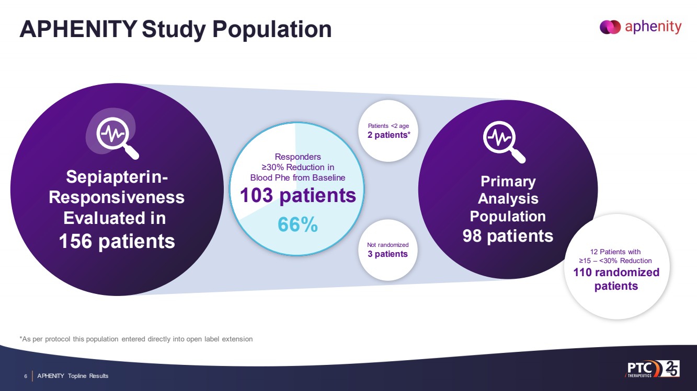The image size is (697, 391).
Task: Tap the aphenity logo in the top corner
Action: click(641, 27)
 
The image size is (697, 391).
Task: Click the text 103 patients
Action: click(298, 196)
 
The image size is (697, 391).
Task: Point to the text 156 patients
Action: click(117, 241)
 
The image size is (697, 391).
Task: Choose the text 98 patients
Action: click(508, 236)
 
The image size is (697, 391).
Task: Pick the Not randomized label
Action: click(387, 244)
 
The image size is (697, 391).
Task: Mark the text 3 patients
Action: click(387, 254)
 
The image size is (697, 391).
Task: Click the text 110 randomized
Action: click(616, 272)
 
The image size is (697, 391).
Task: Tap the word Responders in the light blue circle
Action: click(298, 157)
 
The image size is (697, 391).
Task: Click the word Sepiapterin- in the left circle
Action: click(117, 177)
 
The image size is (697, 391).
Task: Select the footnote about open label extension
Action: click(136, 339)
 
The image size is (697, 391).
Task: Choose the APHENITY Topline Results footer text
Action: click(73, 376)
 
